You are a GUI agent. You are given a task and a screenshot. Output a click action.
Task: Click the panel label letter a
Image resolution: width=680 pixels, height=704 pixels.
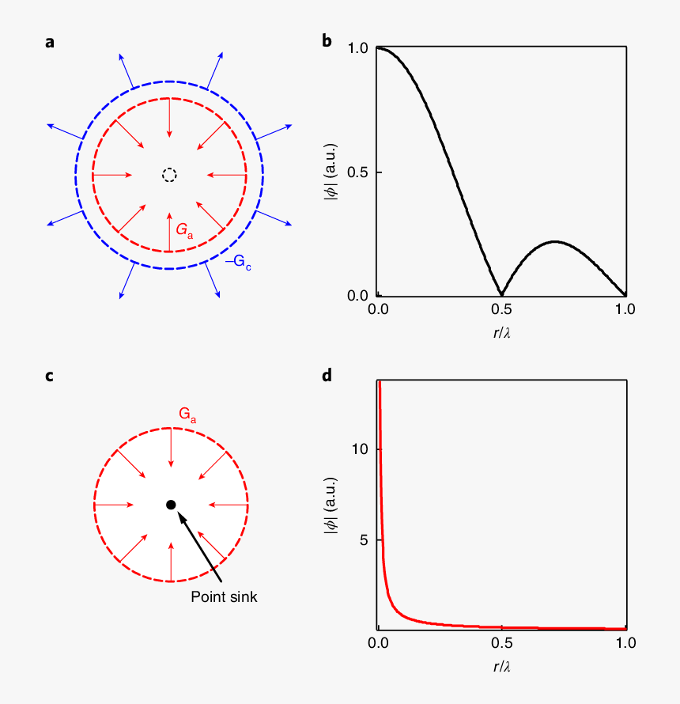(50, 43)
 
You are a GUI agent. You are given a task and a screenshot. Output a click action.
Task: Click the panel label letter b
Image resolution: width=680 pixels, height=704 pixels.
(327, 43)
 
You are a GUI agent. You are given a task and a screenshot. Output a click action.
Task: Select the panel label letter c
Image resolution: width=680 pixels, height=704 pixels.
(49, 376)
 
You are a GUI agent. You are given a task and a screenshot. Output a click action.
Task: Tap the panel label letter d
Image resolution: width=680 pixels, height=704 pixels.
(327, 376)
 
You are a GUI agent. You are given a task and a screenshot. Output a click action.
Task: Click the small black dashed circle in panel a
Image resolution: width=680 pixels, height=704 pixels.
(169, 175)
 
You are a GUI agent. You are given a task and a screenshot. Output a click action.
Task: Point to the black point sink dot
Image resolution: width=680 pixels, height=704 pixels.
(170, 505)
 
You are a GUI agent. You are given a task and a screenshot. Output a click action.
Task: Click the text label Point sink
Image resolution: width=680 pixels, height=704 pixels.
(224, 597)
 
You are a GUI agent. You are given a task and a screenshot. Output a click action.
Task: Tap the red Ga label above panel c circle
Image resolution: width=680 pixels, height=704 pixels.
(187, 414)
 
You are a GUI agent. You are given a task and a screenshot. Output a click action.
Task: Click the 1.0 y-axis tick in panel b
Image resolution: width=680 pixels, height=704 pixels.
(357, 48)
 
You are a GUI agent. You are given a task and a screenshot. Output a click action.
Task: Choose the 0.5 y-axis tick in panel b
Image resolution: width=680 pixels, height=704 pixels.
(357, 172)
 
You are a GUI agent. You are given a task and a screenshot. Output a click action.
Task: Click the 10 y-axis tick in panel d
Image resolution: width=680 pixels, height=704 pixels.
(361, 449)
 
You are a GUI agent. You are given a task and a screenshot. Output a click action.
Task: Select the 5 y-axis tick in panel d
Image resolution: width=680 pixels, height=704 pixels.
(365, 540)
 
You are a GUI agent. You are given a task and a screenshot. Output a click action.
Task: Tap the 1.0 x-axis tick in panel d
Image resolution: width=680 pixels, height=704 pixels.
(625, 643)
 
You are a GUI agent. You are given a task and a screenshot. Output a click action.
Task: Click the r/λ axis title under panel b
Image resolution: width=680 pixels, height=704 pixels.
(501, 333)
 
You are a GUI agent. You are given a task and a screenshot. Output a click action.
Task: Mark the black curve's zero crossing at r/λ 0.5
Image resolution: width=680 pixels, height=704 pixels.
(501, 295)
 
